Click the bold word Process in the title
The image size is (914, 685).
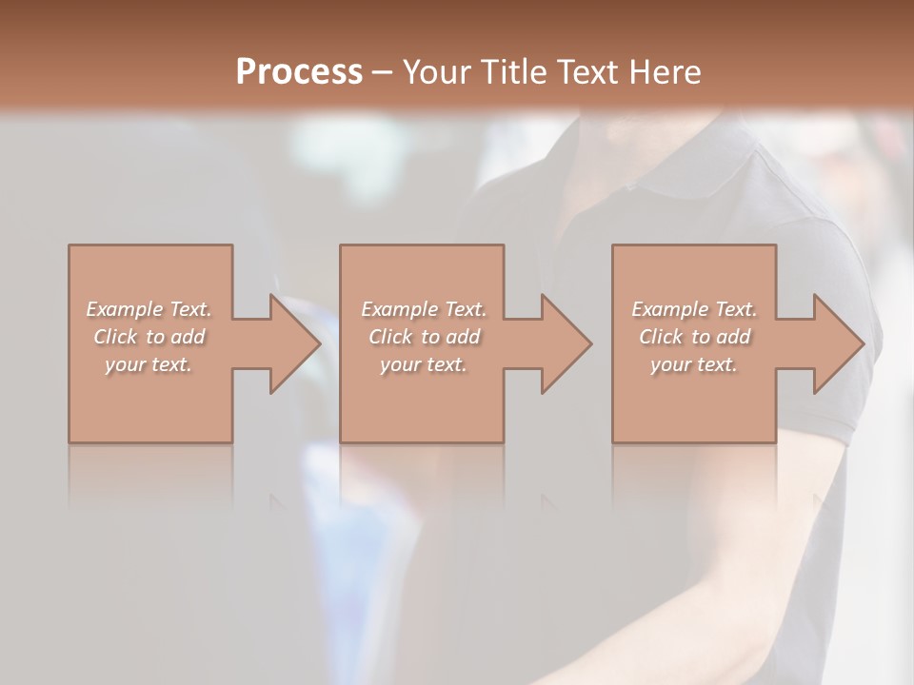point(299,71)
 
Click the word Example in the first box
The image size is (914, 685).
point(125,309)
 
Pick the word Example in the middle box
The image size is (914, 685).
point(399,309)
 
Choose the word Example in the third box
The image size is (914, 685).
point(669,309)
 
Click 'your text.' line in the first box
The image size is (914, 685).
point(149,364)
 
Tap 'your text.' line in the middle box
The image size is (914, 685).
point(423,364)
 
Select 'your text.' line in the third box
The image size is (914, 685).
point(693,364)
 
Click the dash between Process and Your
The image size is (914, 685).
point(382,72)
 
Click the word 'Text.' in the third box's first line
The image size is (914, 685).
point(736,309)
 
